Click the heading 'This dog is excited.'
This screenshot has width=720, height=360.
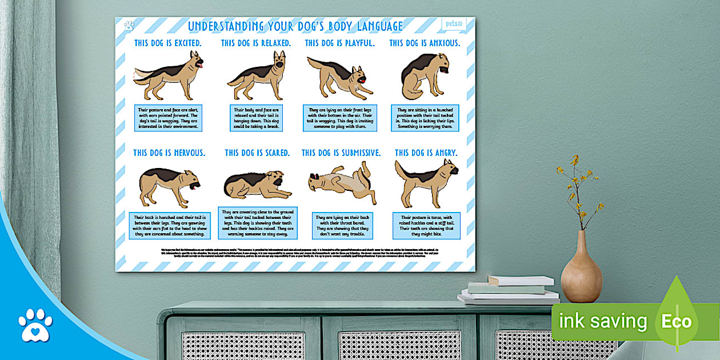click(x=167, y=43)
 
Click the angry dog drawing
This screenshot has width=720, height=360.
click(x=426, y=182)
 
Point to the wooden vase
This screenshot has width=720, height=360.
click(x=581, y=269)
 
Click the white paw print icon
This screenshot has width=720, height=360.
click(x=35, y=325)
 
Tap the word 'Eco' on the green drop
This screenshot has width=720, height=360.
click(x=676, y=321)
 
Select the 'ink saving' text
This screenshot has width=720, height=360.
click(x=602, y=322)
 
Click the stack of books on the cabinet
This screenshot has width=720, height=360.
click(x=510, y=290)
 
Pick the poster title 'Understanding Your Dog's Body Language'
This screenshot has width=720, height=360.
click(x=295, y=26)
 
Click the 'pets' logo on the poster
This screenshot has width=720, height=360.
click(x=454, y=24)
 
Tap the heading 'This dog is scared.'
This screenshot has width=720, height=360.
click(x=257, y=153)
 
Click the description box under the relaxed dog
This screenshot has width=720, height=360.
click(x=256, y=118)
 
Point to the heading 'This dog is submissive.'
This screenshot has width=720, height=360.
click(x=341, y=153)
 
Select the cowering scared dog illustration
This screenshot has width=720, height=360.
click(x=257, y=185)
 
